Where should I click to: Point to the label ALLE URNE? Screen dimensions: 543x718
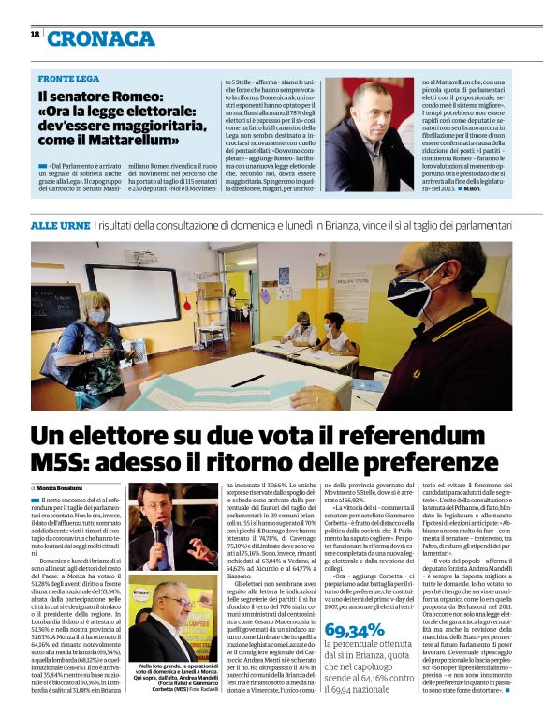tap(60, 226)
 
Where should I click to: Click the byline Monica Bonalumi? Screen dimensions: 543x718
tap(64, 488)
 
